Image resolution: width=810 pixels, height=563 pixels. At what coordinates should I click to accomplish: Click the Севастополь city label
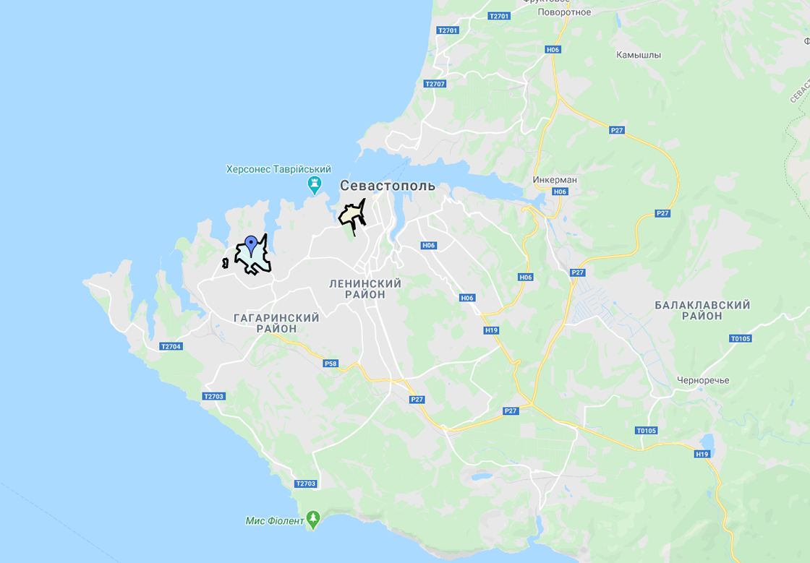388,186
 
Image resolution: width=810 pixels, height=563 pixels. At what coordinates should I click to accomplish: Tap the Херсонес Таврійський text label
278,169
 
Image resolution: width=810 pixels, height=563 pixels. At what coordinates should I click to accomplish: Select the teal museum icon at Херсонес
315,186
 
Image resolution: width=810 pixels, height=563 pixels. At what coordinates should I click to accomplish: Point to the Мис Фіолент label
275,520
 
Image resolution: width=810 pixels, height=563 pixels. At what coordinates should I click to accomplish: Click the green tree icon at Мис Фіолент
313,519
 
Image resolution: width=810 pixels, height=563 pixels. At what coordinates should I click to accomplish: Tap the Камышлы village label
639,55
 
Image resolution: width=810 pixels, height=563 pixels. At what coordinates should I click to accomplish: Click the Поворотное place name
564,12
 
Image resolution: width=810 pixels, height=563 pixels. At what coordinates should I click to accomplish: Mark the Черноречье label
703,380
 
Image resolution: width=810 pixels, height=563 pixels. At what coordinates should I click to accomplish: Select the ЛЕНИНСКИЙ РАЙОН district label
365,289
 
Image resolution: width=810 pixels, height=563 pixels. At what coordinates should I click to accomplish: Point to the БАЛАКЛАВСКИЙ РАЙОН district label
702,311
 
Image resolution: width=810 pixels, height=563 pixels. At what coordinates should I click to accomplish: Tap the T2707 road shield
435,84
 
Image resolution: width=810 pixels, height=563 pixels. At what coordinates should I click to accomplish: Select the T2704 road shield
171,346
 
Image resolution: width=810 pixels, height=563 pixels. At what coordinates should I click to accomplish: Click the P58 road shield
331,364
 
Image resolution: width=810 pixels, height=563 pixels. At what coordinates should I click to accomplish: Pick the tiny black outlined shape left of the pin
225,263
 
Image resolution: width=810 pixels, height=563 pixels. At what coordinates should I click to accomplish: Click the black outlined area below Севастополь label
352,215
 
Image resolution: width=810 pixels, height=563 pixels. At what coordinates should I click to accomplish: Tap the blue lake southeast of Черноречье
707,442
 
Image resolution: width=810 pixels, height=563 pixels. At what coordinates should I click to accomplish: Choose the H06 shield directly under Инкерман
560,192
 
